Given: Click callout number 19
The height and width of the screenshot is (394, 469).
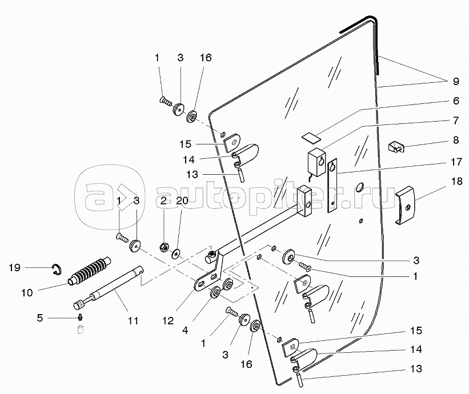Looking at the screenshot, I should (x=14, y=267).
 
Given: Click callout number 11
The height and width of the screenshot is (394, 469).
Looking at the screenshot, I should (x=133, y=321).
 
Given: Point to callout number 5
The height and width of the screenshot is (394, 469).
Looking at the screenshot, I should (x=39, y=317).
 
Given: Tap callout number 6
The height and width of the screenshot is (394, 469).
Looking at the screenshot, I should (x=456, y=100).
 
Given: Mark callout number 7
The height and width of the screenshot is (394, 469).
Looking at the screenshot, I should (x=456, y=120).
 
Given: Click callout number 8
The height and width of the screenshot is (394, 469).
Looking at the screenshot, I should (x=456, y=140).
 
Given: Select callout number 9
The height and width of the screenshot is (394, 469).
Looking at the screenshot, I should (x=456, y=81).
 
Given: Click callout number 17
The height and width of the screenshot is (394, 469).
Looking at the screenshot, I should (x=456, y=162).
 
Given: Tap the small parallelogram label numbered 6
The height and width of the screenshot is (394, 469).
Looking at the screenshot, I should (x=312, y=137).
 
